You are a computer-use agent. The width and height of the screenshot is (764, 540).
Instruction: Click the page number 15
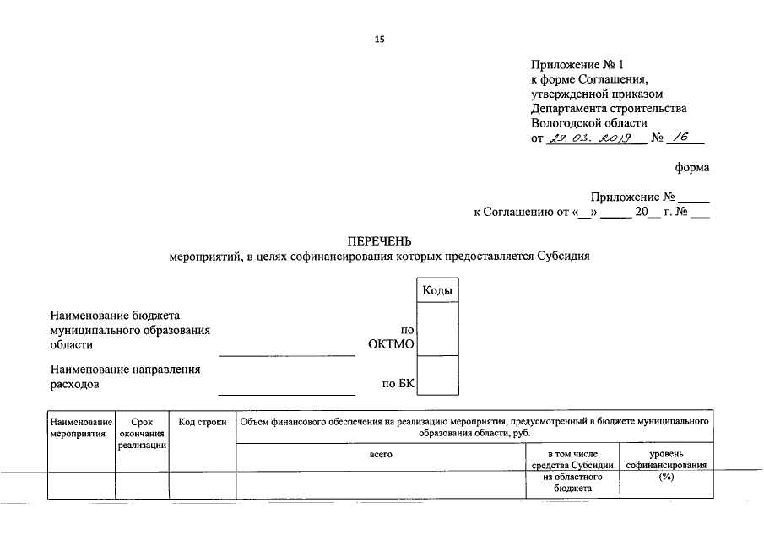click(380, 40)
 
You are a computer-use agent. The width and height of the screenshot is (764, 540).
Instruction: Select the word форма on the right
click(692, 167)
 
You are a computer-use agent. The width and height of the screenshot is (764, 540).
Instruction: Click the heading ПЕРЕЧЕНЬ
click(380, 241)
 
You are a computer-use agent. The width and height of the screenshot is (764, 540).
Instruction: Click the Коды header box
click(437, 290)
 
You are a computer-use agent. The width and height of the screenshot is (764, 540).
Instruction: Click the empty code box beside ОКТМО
click(437, 329)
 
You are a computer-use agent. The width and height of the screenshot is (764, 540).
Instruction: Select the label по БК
click(398, 384)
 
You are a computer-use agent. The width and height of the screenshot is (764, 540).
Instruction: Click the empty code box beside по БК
click(437, 376)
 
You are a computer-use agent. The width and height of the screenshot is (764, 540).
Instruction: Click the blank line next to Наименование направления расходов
click(287, 390)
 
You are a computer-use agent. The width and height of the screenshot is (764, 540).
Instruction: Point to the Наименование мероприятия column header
click(81, 427)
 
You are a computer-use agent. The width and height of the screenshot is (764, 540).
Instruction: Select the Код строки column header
click(203, 422)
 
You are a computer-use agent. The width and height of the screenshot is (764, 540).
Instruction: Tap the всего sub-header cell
click(382, 455)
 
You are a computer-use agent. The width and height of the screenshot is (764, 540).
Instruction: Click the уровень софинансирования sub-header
click(666, 460)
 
